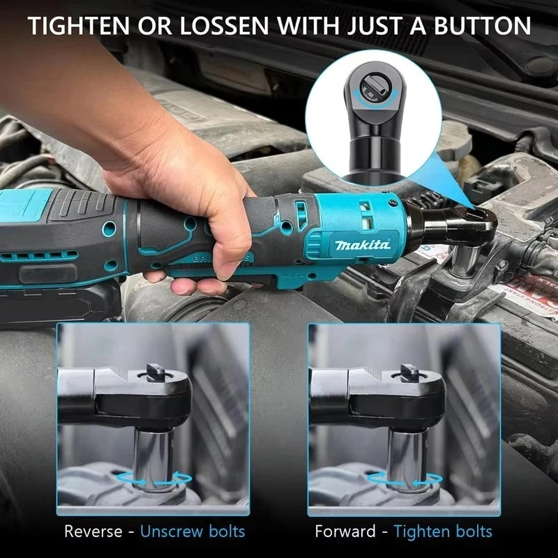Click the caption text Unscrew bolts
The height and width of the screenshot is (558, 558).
(x=193, y=531)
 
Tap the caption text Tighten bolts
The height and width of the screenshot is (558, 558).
(x=443, y=531)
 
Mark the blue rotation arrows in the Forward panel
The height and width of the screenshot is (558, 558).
(x=405, y=479)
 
